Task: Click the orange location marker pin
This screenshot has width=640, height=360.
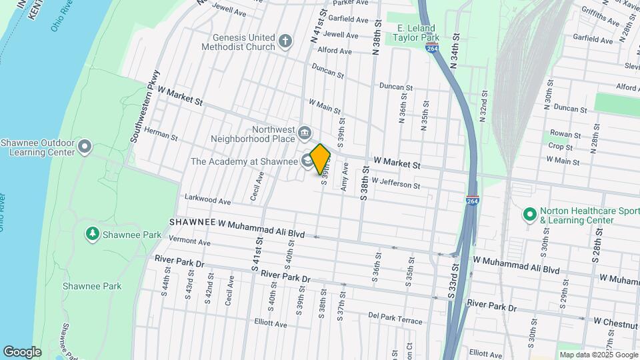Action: [x=321, y=159]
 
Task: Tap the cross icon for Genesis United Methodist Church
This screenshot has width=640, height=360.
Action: [x=285, y=41]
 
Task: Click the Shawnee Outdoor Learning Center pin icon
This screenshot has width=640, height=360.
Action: [x=85, y=147]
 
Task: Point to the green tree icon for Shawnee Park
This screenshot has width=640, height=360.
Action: [x=93, y=235]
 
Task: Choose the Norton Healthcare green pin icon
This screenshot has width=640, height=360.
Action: [x=529, y=215]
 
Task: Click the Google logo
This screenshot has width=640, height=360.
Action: [x=22, y=352]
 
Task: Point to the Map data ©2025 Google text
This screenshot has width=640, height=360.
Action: [x=598, y=355]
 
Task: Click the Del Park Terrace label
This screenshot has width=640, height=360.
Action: [x=395, y=321]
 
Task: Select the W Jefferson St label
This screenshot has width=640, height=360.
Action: [x=395, y=183]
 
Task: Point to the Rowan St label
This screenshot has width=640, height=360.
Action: [x=561, y=134]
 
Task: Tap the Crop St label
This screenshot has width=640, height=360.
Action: [x=560, y=147]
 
